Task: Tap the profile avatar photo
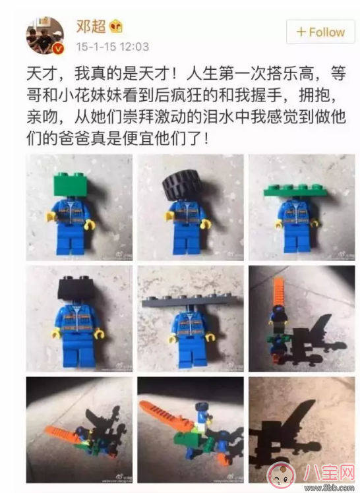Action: (x=45, y=36)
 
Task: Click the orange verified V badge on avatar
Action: (x=59, y=50)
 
